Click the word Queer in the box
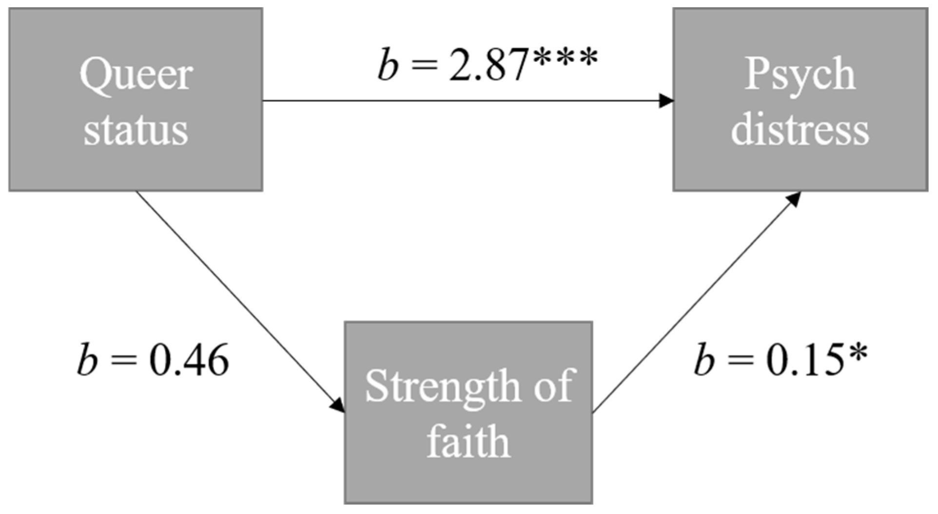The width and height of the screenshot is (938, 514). coord(136,76)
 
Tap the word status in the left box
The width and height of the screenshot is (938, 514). coord(136,130)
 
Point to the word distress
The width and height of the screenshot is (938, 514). coord(800,130)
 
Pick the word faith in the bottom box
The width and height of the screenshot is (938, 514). coord(469,441)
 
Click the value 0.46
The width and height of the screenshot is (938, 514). coord(189,362)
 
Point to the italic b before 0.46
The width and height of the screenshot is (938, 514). coord(87,361)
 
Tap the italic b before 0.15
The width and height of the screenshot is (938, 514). coord(704,361)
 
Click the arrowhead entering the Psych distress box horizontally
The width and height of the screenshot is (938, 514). coord(666,101)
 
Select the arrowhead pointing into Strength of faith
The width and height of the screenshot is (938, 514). coord(339,405)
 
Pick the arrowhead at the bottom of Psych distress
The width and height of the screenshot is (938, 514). coord(794,198)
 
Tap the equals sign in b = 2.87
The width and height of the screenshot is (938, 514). coord(425,66)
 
